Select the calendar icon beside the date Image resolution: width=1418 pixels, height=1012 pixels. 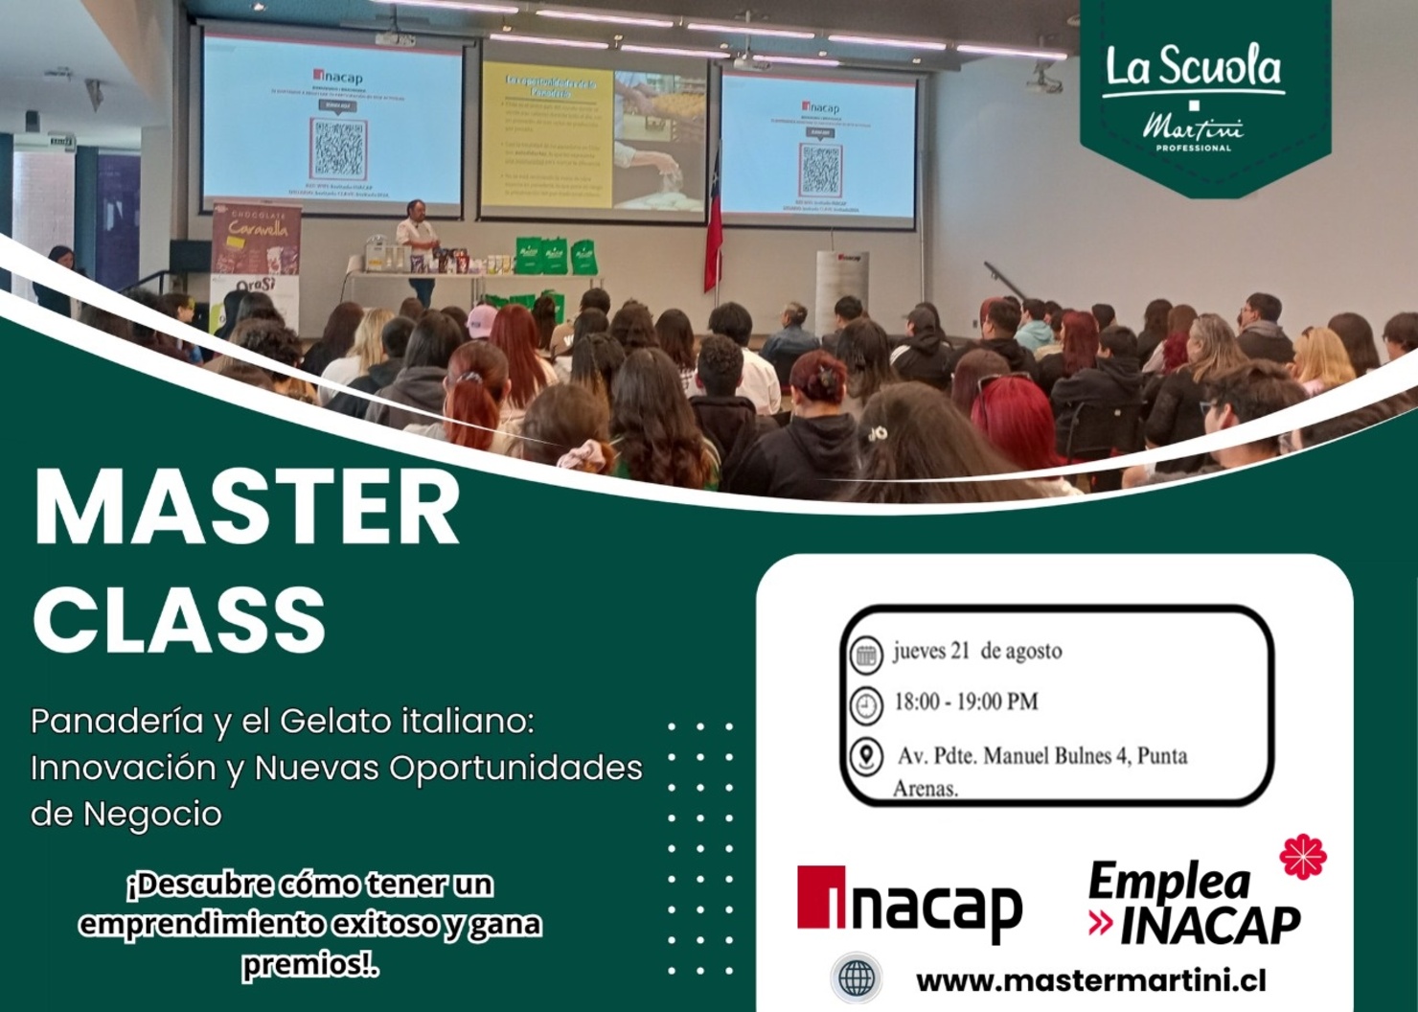coord(866,655)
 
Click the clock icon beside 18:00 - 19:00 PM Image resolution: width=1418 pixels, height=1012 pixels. coord(866,705)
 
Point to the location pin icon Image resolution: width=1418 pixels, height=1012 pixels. coord(866,757)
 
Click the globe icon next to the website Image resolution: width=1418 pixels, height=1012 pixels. coord(856,979)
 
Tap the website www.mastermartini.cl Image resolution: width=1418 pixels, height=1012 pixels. coord(1090,981)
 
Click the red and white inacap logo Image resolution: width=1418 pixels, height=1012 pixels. coord(909,902)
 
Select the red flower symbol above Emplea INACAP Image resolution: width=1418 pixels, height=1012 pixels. coord(1303,856)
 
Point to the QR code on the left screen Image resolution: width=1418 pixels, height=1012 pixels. coord(338,149)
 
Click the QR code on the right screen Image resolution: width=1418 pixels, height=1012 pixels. coord(821,169)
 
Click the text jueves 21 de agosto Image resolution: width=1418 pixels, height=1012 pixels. coord(977,652)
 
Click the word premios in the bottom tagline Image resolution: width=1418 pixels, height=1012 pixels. coord(307,965)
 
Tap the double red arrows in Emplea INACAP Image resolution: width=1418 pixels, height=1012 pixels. coord(1101,924)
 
